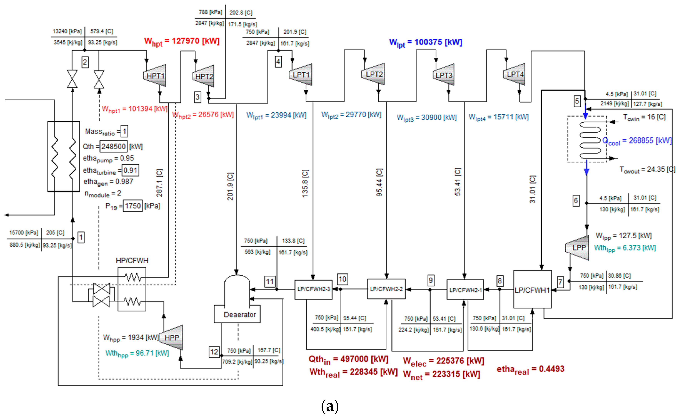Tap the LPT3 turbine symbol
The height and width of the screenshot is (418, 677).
pyautogui.click(x=444, y=75)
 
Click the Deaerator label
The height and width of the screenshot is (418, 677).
pyautogui.click(x=240, y=315)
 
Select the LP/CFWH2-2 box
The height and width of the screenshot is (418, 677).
pyautogui.click(x=386, y=289)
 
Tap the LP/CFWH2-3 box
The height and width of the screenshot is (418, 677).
pyautogui.click(x=313, y=289)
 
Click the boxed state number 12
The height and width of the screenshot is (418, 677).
pyautogui.click(x=214, y=352)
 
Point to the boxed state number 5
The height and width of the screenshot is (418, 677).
pyautogui.click(x=577, y=101)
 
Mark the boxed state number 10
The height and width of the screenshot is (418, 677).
pyautogui.click(x=342, y=279)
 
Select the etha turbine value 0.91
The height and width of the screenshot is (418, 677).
pyautogui.click(x=130, y=170)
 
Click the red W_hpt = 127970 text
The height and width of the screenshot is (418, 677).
pyautogui.click(x=182, y=42)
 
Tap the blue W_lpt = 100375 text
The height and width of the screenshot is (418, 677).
pyautogui.click(x=426, y=43)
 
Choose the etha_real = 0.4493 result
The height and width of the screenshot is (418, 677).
pyautogui.click(x=530, y=369)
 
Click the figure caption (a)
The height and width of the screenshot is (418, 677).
pyautogui.click(x=330, y=406)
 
